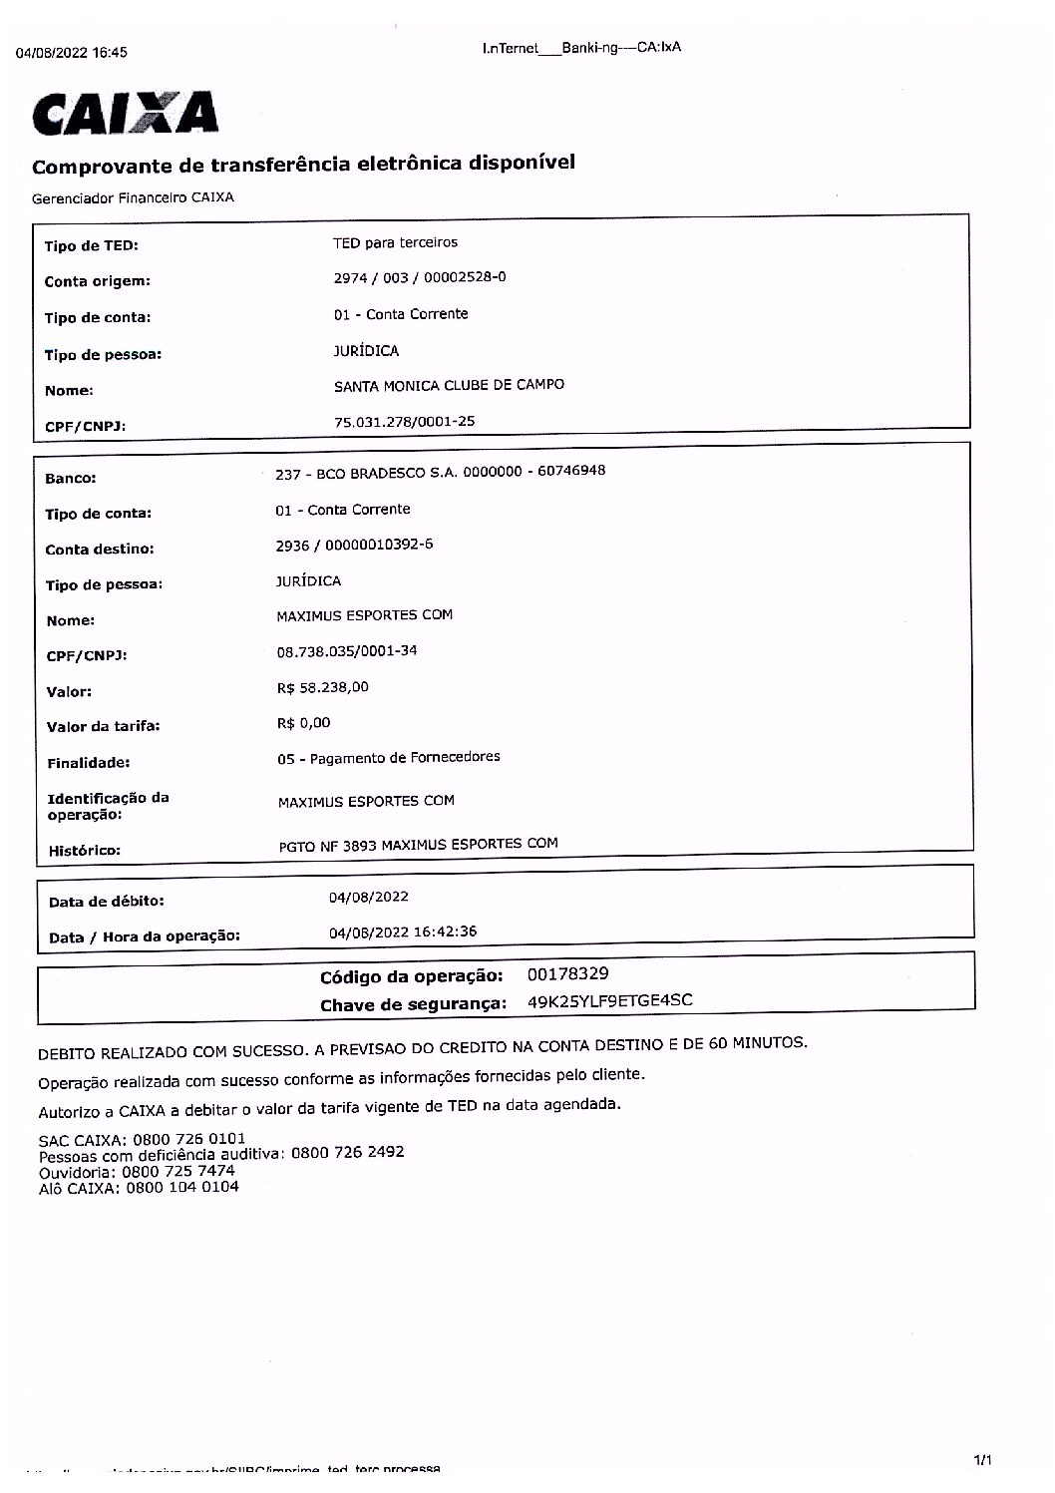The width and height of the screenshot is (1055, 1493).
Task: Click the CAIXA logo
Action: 126,114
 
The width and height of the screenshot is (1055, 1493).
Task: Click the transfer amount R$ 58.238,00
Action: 323,687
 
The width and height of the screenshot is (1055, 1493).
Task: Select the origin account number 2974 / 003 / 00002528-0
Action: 419,277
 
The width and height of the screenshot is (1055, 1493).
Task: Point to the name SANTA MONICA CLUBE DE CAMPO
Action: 449,385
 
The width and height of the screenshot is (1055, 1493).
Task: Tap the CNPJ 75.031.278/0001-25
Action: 404,422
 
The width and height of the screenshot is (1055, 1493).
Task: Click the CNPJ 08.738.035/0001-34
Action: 347,651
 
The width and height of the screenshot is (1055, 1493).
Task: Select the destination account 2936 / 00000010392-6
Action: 354,545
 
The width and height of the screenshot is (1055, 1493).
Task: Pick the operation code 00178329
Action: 567,973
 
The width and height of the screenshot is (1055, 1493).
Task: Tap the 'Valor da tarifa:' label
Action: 104,727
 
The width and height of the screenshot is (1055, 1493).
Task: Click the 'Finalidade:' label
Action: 89,764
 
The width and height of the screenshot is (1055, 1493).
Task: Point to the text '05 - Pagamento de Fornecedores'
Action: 389,758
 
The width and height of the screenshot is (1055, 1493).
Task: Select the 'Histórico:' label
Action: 85,851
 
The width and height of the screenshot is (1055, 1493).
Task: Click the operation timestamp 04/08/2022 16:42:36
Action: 403,932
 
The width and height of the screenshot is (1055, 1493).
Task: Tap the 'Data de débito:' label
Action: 107,902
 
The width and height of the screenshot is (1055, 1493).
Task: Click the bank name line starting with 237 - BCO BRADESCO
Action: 440,472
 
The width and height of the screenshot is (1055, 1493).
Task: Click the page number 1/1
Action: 982,1460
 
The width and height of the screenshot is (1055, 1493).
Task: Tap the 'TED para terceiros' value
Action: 395,242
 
